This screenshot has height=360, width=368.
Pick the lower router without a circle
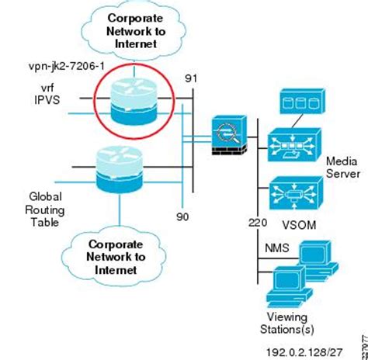tap(120, 171)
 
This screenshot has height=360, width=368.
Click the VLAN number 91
tap(190, 78)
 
